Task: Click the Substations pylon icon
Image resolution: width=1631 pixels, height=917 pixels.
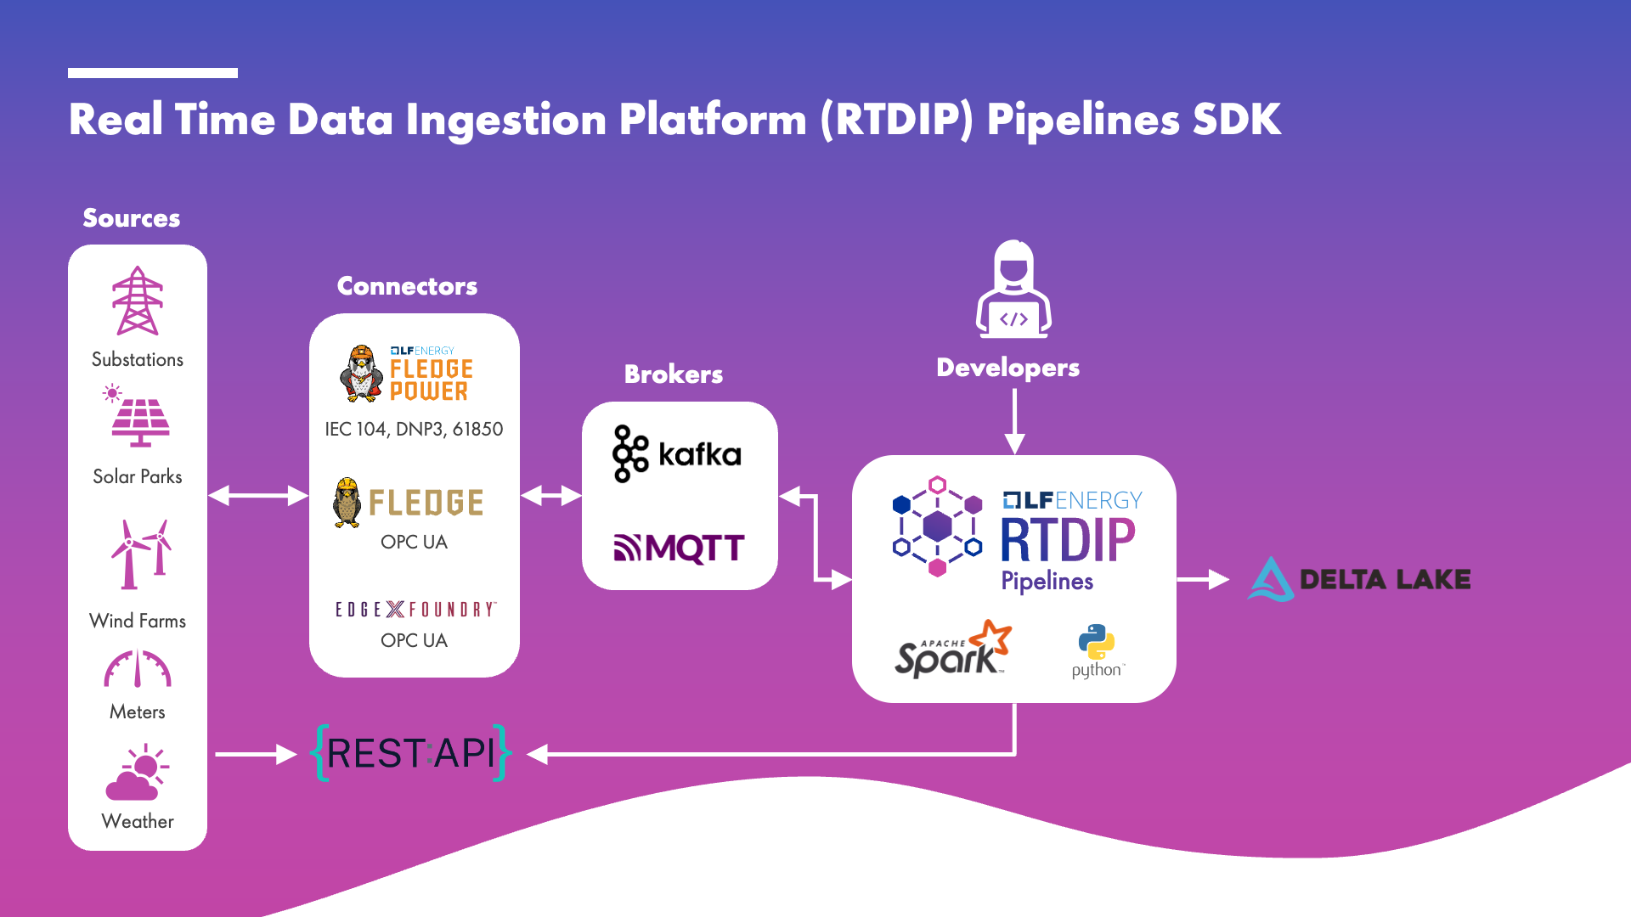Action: pos(138,301)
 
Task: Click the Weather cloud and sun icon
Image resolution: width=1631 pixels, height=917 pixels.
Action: pos(137,773)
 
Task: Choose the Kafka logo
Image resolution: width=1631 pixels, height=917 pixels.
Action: pos(677,454)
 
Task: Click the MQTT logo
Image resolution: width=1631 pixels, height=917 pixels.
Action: pos(679,548)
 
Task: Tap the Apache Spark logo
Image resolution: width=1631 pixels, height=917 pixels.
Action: pos(952,650)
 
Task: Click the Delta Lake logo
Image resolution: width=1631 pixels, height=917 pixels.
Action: pos(1358,579)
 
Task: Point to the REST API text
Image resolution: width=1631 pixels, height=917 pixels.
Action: pos(411,753)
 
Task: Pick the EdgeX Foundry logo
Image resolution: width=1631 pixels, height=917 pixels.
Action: pos(415,609)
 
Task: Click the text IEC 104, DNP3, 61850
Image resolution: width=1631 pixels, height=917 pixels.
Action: pos(414,429)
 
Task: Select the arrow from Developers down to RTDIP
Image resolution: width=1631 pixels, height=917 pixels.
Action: pos(1014,422)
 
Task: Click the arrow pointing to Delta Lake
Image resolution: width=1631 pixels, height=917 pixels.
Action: pos(1202,579)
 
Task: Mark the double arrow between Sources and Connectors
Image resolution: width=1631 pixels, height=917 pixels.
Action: pos(257,496)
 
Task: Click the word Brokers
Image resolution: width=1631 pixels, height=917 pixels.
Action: pos(673,374)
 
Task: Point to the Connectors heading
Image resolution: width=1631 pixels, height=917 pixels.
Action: pos(407,286)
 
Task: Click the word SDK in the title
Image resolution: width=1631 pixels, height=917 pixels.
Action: pos(1236,119)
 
